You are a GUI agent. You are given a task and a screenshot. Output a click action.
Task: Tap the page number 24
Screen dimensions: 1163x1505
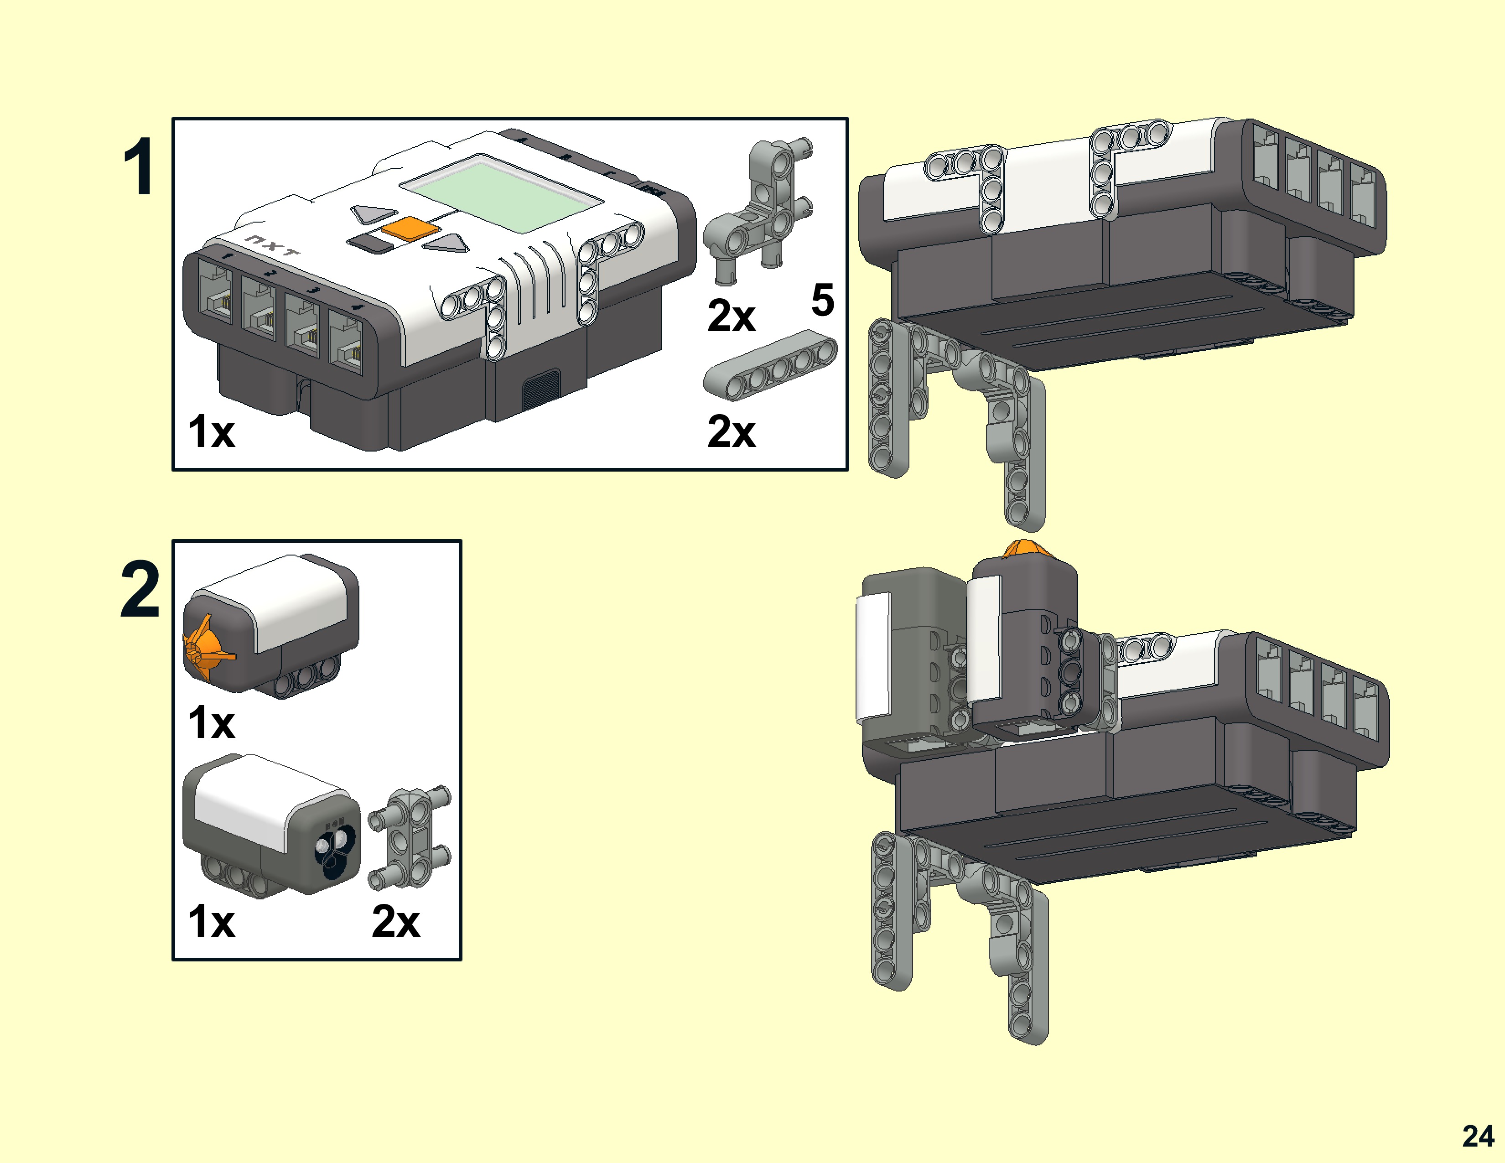pyautogui.click(x=1478, y=1136)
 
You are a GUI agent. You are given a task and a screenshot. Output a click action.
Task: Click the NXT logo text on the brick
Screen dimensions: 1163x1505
pyautogui.click(x=273, y=246)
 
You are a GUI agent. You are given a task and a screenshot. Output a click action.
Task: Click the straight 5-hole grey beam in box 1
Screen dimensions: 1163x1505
pyautogui.click(x=770, y=365)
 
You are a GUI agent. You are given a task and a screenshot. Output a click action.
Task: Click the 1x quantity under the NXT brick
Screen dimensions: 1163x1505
pyautogui.click(x=212, y=432)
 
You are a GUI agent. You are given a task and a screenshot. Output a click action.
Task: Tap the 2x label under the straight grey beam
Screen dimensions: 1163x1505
pyautogui.click(x=731, y=432)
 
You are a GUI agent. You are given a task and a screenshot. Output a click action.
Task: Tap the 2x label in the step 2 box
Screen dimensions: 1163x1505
pyautogui.click(x=395, y=921)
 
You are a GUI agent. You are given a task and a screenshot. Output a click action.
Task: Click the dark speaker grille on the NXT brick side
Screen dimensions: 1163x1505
pyautogui.click(x=540, y=389)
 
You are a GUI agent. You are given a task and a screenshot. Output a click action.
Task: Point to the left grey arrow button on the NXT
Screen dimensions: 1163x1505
pyautogui.click(x=373, y=213)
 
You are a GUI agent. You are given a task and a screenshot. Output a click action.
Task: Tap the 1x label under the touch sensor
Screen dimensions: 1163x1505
pyautogui.click(x=212, y=723)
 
